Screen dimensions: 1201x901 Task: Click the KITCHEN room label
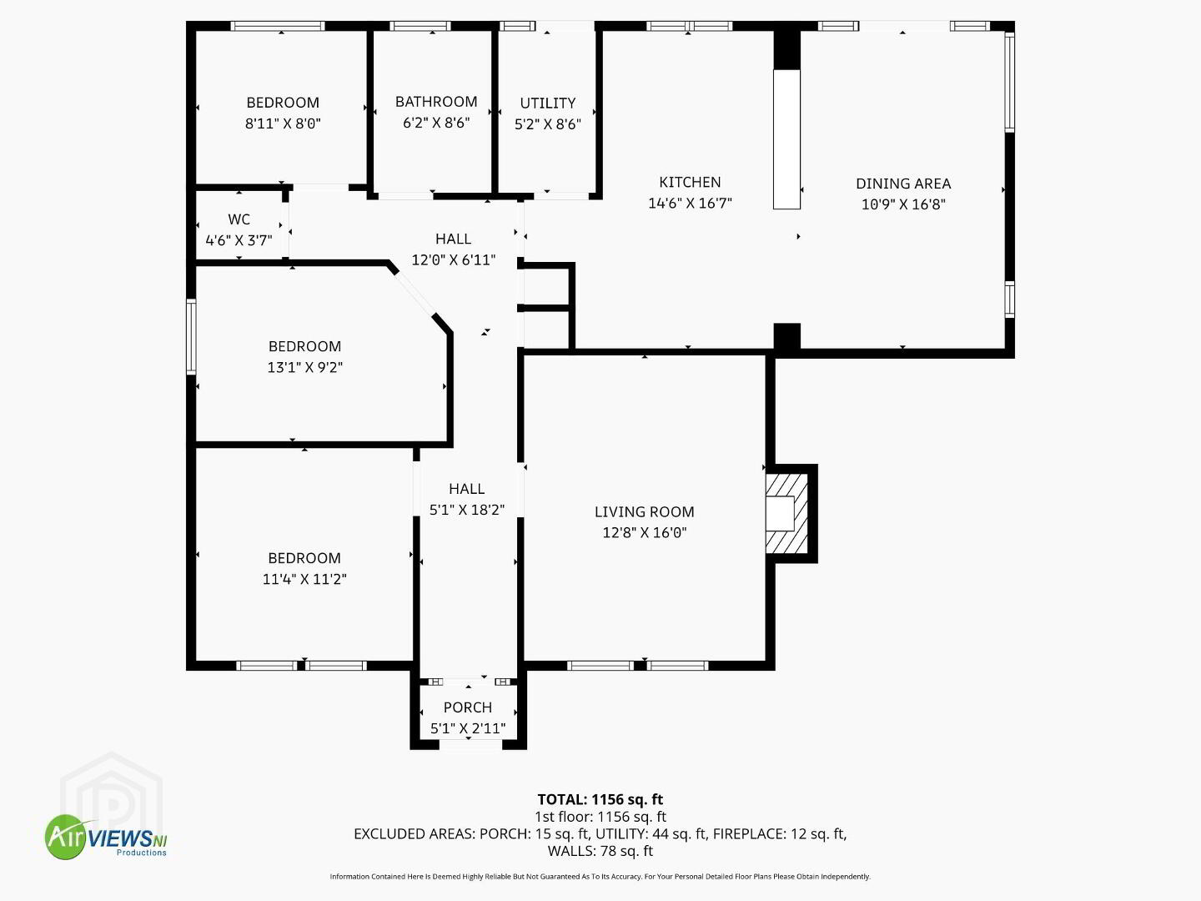[x=690, y=182]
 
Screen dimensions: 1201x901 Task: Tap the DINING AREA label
[x=903, y=184]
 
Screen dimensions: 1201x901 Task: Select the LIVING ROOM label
[x=644, y=512]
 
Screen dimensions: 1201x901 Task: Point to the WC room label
[x=239, y=219]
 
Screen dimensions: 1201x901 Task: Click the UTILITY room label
[x=547, y=103]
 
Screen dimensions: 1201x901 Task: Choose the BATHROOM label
[x=436, y=102]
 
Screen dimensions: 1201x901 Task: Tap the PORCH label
[x=468, y=707]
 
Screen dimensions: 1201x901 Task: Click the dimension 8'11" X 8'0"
[x=283, y=123]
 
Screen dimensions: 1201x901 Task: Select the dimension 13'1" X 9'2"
[x=304, y=367]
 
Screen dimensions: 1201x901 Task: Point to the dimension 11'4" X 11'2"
[x=304, y=579]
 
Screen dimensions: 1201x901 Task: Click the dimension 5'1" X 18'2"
[x=467, y=510]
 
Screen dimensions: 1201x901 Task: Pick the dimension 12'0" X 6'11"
[x=453, y=259]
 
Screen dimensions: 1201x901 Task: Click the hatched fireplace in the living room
[x=786, y=513]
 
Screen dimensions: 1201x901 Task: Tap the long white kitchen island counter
[x=786, y=139]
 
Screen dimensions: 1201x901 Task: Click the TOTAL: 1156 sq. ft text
[x=600, y=800]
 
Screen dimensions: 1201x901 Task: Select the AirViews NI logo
[x=106, y=837]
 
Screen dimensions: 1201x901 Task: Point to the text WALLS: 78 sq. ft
[x=600, y=851]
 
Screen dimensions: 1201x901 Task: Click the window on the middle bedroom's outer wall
[x=191, y=336]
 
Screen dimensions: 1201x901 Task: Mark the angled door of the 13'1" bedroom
[x=415, y=293]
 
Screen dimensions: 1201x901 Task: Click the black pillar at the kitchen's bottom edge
[x=786, y=336]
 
